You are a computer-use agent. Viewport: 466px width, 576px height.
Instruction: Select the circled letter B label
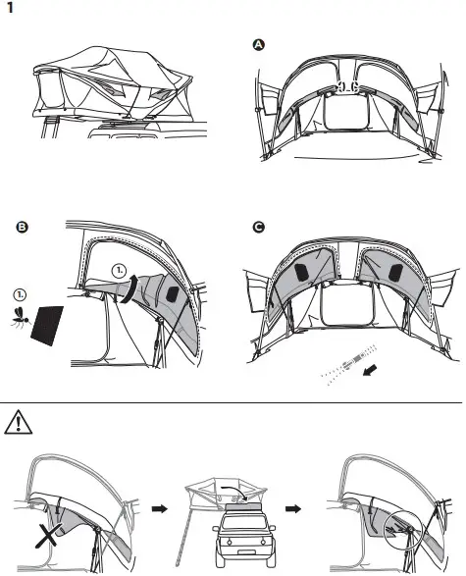(x=22, y=228)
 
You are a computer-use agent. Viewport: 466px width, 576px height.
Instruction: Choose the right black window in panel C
(x=394, y=269)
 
